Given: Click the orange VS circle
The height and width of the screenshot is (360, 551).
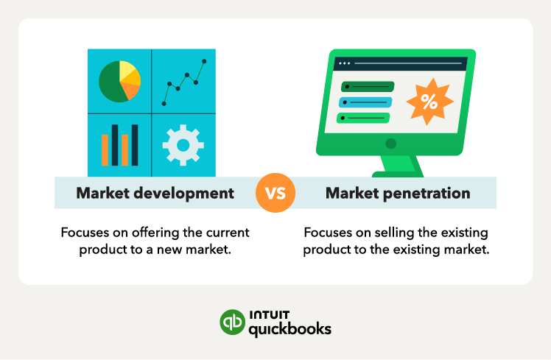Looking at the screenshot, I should pyautogui.click(x=275, y=193).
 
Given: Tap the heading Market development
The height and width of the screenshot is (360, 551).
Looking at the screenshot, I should pyautogui.click(x=155, y=194).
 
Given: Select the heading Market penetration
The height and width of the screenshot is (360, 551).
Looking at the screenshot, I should pyautogui.click(x=397, y=194).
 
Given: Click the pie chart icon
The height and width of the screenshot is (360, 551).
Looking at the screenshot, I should pyautogui.click(x=119, y=81).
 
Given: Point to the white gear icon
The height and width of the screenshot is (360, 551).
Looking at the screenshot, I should pyautogui.click(x=183, y=144).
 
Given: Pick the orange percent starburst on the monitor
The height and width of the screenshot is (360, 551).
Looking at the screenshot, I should pyautogui.click(x=429, y=102).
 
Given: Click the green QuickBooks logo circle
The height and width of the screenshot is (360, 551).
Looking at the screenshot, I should pyautogui.click(x=233, y=322).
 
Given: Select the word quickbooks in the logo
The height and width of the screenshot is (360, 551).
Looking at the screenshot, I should pyautogui.click(x=289, y=328).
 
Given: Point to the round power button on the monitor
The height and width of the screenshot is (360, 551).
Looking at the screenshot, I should pyautogui.click(x=390, y=144).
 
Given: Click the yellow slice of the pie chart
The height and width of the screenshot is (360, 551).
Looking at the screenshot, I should pyautogui.click(x=128, y=71).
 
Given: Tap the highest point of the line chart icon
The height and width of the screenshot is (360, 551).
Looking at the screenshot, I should pyautogui.click(x=204, y=61).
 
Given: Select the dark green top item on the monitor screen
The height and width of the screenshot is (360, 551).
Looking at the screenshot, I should pyautogui.click(x=365, y=87).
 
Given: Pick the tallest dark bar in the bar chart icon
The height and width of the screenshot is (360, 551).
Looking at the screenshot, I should pyautogui.click(x=114, y=145).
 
